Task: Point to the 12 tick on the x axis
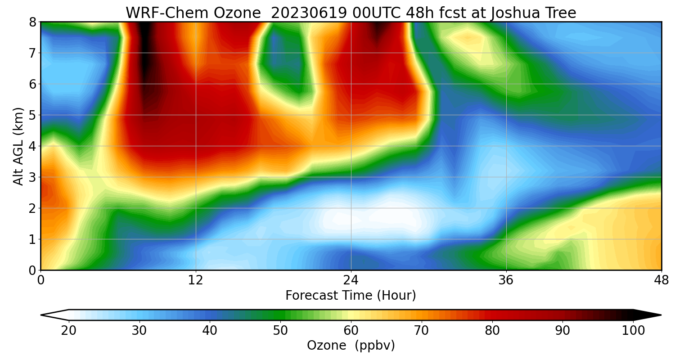pos(196,280)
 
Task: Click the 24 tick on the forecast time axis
pos(351,280)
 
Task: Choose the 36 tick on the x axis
pos(506,280)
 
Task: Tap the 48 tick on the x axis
pos(661,280)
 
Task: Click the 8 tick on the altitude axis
pos(32,22)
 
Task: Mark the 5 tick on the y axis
pos(32,115)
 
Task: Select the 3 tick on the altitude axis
pos(32,177)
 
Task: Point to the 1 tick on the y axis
pos(32,239)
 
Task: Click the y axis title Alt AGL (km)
pos(18,146)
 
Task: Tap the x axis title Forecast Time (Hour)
pos(351,296)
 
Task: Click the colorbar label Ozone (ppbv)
pos(351,346)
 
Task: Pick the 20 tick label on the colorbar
pos(69,331)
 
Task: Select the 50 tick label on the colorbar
pos(280,331)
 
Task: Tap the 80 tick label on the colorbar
pos(492,331)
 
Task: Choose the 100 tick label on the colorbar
pos(633,331)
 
